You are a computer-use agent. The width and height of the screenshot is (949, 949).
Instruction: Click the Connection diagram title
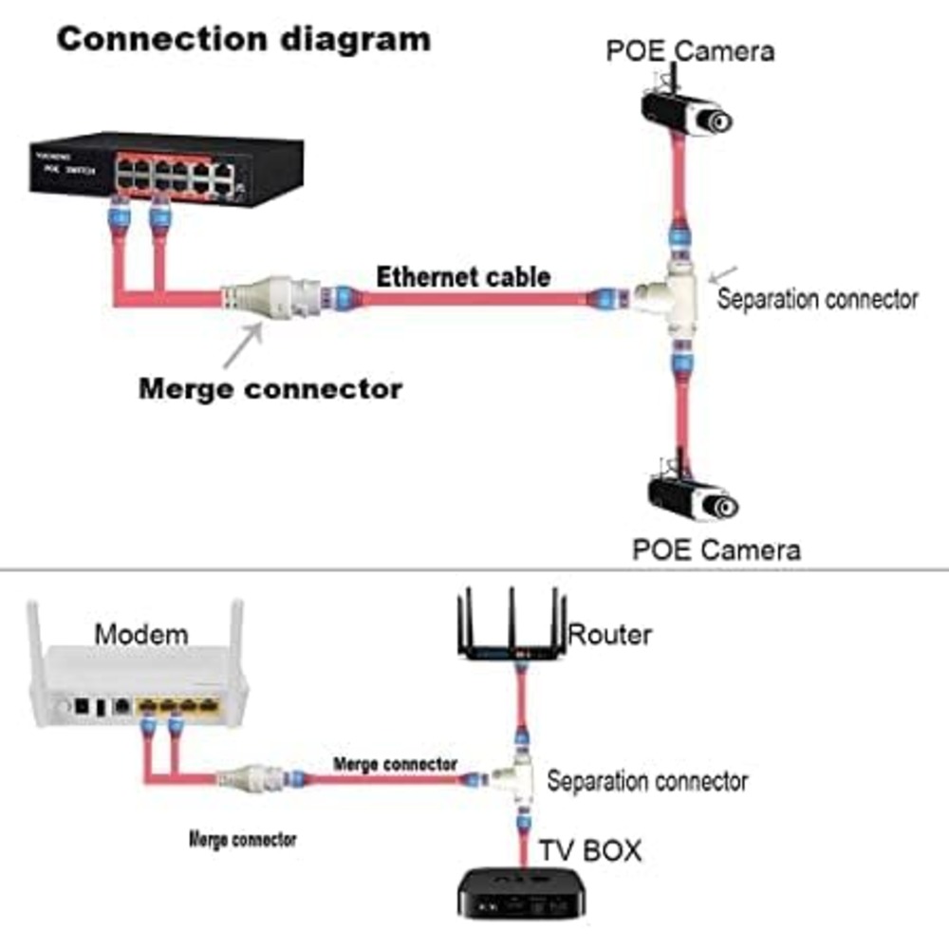click(x=244, y=39)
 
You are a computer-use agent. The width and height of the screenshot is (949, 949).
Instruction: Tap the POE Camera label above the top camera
click(x=690, y=49)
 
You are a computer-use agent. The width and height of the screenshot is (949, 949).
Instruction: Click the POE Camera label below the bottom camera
click(x=716, y=549)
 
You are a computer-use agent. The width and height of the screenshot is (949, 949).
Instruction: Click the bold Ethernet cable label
click(x=463, y=277)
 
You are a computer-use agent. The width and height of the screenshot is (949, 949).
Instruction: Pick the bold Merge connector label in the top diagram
click(x=270, y=388)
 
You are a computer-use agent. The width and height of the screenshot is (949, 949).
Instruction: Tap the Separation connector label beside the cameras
click(x=817, y=299)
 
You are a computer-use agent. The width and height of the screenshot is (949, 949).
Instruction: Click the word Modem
click(x=141, y=634)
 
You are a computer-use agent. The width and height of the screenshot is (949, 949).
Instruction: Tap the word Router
click(x=609, y=634)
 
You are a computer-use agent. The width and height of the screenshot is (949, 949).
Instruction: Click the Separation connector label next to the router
click(x=647, y=781)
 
